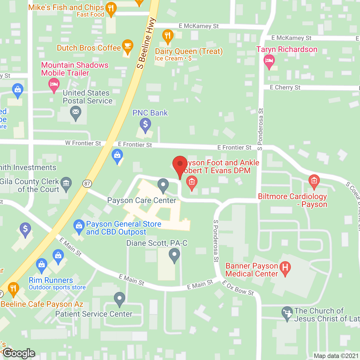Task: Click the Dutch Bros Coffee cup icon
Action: [128, 46]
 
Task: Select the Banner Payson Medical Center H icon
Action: [285, 267]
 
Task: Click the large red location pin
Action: [180, 165]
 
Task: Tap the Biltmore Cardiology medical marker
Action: [314, 181]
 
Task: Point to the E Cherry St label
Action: [285, 87]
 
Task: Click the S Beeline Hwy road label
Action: [146, 44]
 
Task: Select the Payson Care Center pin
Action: [163, 185]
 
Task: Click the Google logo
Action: [19, 353]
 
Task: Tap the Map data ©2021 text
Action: [336, 356]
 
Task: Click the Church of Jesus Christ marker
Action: [287, 313]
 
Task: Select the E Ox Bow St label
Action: [238, 288]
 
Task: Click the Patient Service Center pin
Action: [120, 299]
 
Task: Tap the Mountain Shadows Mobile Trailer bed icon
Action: [54, 84]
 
